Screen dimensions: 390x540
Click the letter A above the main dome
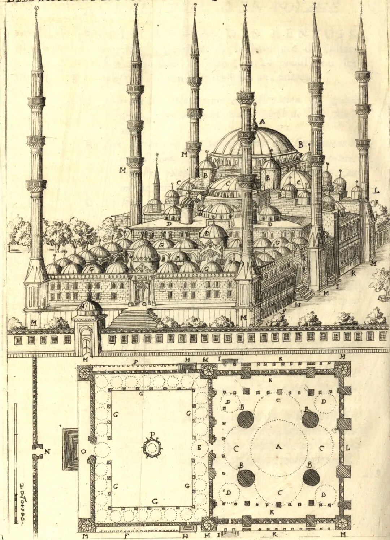262,122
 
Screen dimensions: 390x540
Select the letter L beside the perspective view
377,190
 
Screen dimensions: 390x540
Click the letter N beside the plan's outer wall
47,452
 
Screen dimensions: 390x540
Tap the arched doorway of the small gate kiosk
86,343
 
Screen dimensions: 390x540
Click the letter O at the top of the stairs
144,304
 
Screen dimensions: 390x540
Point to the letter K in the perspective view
353,273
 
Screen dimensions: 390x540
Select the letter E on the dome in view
206,233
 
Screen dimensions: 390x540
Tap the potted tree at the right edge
381,285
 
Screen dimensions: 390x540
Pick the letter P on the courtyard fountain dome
177,258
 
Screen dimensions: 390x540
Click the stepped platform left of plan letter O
70,449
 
